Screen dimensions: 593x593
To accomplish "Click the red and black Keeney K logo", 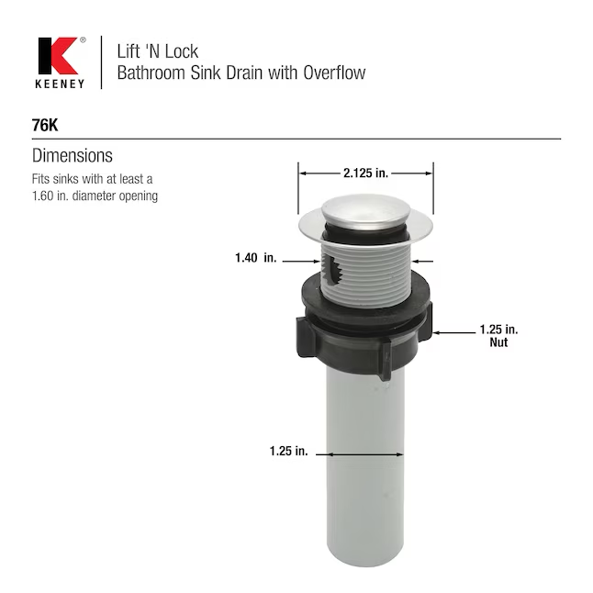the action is (58, 56).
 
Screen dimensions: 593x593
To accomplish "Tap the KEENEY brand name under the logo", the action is (60, 84).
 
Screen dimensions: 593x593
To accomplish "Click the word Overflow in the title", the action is (334, 73).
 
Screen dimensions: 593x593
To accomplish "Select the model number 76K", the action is (45, 125).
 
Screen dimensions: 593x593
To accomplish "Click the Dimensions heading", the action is (73, 155).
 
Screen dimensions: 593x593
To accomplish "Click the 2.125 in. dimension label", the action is (365, 173).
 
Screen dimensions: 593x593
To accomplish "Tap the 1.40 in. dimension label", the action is (256, 258).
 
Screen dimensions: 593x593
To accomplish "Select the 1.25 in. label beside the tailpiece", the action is (288, 451).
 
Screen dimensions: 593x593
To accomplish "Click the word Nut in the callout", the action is (498, 342).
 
